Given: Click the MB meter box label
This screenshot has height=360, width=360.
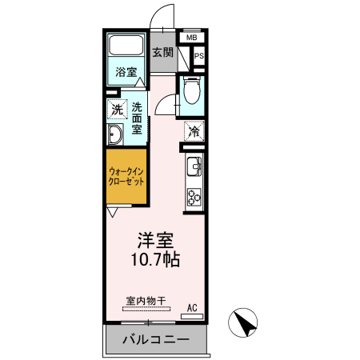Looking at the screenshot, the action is (191, 38).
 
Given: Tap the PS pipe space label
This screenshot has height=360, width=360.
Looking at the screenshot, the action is (199, 56).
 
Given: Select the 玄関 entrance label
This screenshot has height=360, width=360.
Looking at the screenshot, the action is (162, 53).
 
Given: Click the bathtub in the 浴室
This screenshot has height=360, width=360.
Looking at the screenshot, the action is (126, 45).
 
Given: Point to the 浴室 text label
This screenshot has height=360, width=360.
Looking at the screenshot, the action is (126, 72).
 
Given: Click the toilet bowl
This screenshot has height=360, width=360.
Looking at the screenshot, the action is (192, 90).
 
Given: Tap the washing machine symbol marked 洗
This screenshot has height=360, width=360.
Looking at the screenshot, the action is (117, 109).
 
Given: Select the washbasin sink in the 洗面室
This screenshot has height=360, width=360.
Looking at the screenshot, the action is (115, 134).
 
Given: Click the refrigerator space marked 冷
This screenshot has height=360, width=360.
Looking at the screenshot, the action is (194, 131).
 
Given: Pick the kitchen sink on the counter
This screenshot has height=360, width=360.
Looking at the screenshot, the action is (194, 166).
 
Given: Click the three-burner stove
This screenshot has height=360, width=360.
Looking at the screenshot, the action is (194, 198).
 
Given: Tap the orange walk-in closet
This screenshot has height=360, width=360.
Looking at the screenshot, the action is (126, 177).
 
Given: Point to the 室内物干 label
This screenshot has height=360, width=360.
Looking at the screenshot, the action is (146, 302).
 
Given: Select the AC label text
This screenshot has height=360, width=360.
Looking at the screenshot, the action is (192, 308).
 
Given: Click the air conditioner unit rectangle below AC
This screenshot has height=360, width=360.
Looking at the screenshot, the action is (192, 317).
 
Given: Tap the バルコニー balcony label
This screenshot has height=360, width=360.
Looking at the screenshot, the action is (156, 340).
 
